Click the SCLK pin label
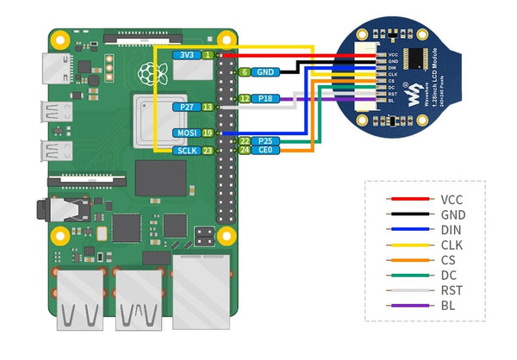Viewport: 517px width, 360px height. [186, 151]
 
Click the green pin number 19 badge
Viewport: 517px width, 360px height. [208, 133]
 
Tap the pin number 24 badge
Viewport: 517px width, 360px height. [245, 150]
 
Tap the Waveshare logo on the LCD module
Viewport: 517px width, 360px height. [415, 90]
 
